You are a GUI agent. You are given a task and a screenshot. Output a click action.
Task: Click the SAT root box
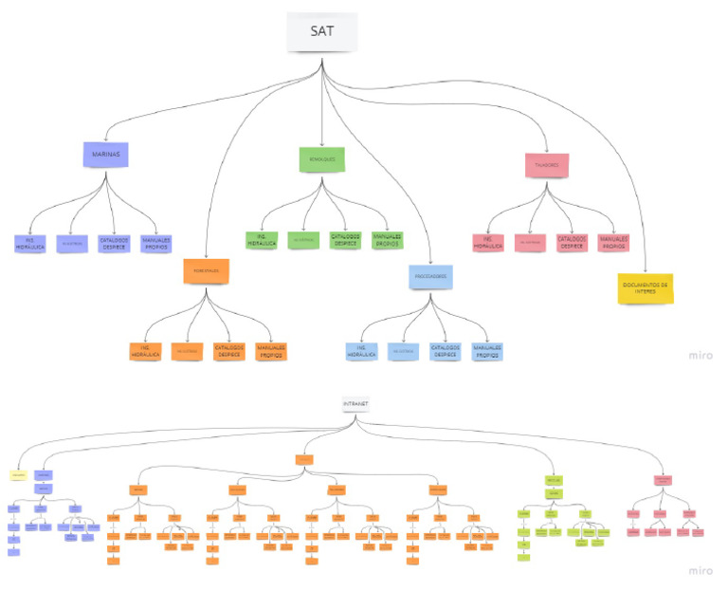[321, 31]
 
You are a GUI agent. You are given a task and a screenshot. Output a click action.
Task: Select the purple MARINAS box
[105, 154]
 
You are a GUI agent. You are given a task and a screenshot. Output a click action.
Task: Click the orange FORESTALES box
[207, 271]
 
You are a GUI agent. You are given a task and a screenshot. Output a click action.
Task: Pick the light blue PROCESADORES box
[428, 276]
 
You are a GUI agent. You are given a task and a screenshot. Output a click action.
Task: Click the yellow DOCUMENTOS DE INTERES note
[646, 286]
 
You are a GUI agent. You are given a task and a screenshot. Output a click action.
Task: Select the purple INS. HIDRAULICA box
[30, 243]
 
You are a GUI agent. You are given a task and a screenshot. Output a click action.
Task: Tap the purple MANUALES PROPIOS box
[155, 243]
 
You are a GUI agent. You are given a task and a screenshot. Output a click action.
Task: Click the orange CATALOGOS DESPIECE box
[228, 351]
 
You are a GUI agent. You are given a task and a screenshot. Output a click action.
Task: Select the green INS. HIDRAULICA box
[262, 240]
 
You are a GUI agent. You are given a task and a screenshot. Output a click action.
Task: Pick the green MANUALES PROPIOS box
[387, 240]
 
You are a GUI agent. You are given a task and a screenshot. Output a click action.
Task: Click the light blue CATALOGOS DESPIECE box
[445, 351]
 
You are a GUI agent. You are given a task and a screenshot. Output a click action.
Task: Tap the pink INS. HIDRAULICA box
[489, 243]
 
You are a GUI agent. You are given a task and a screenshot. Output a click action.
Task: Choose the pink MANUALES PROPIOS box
[614, 243]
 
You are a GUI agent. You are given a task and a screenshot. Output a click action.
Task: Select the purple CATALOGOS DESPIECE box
[114, 243]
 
